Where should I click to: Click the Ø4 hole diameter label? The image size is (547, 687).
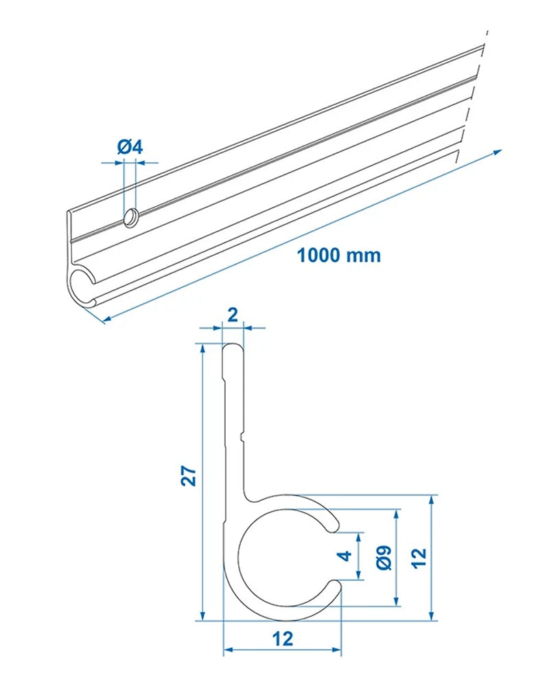click(129, 146)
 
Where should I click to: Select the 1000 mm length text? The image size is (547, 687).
click(338, 256)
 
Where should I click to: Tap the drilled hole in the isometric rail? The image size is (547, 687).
click(130, 218)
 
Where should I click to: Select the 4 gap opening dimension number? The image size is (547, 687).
click(346, 556)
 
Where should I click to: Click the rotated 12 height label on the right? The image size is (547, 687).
click(419, 557)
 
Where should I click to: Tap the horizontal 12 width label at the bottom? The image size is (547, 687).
click(282, 638)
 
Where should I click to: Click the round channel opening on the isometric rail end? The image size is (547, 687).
click(82, 284)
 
